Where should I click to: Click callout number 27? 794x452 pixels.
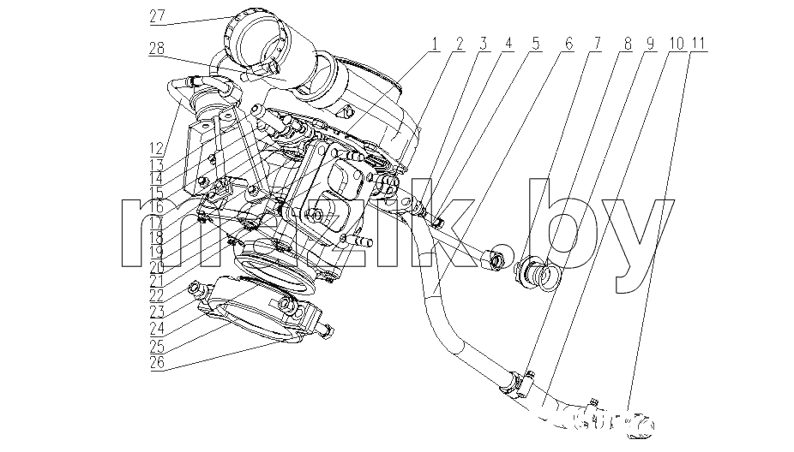pyautogui.click(x=157, y=16)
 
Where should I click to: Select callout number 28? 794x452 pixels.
pyautogui.click(x=157, y=49)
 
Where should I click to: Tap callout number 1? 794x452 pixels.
pyautogui.click(x=434, y=44)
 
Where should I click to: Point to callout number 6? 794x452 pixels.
pyautogui.click(x=568, y=44)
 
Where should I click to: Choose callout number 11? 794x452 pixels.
pyautogui.click(x=698, y=44)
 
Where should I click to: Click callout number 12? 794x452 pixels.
pyautogui.click(x=157, y=148)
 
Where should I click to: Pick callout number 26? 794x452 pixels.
pyautogui.click(x=157, y=362)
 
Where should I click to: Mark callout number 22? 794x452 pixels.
pyautogui.click(x=157, y=295)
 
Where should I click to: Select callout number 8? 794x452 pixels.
pyautogui.click(x=628, y=44)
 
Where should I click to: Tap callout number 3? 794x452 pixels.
pyautogui.click(x=483, y=44)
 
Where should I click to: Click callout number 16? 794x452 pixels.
pyautogui.click(x=157, y=207)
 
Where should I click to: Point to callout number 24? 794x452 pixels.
pyautogui.click(x=157, y=329)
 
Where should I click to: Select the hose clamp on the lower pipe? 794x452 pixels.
pyautogui.click(x=516, y=384)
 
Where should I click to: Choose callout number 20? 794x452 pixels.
pyautogui.click(x=157, y=266)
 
